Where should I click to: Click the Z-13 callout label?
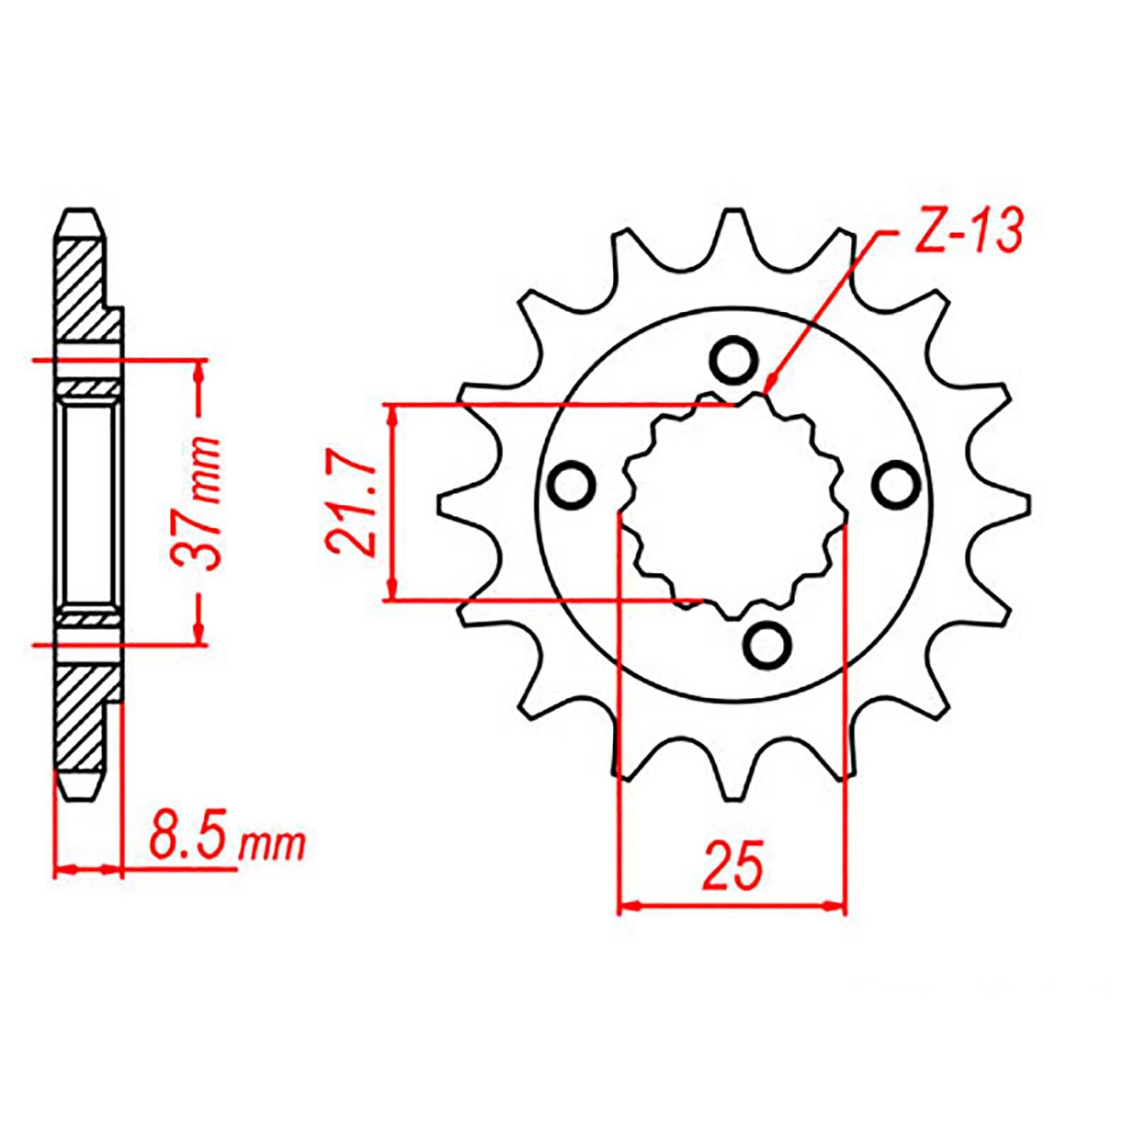pos(968,232)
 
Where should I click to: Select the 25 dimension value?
pos(733,865)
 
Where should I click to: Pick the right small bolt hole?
pos(892,486)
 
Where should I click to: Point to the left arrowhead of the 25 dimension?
pos(628,906)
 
